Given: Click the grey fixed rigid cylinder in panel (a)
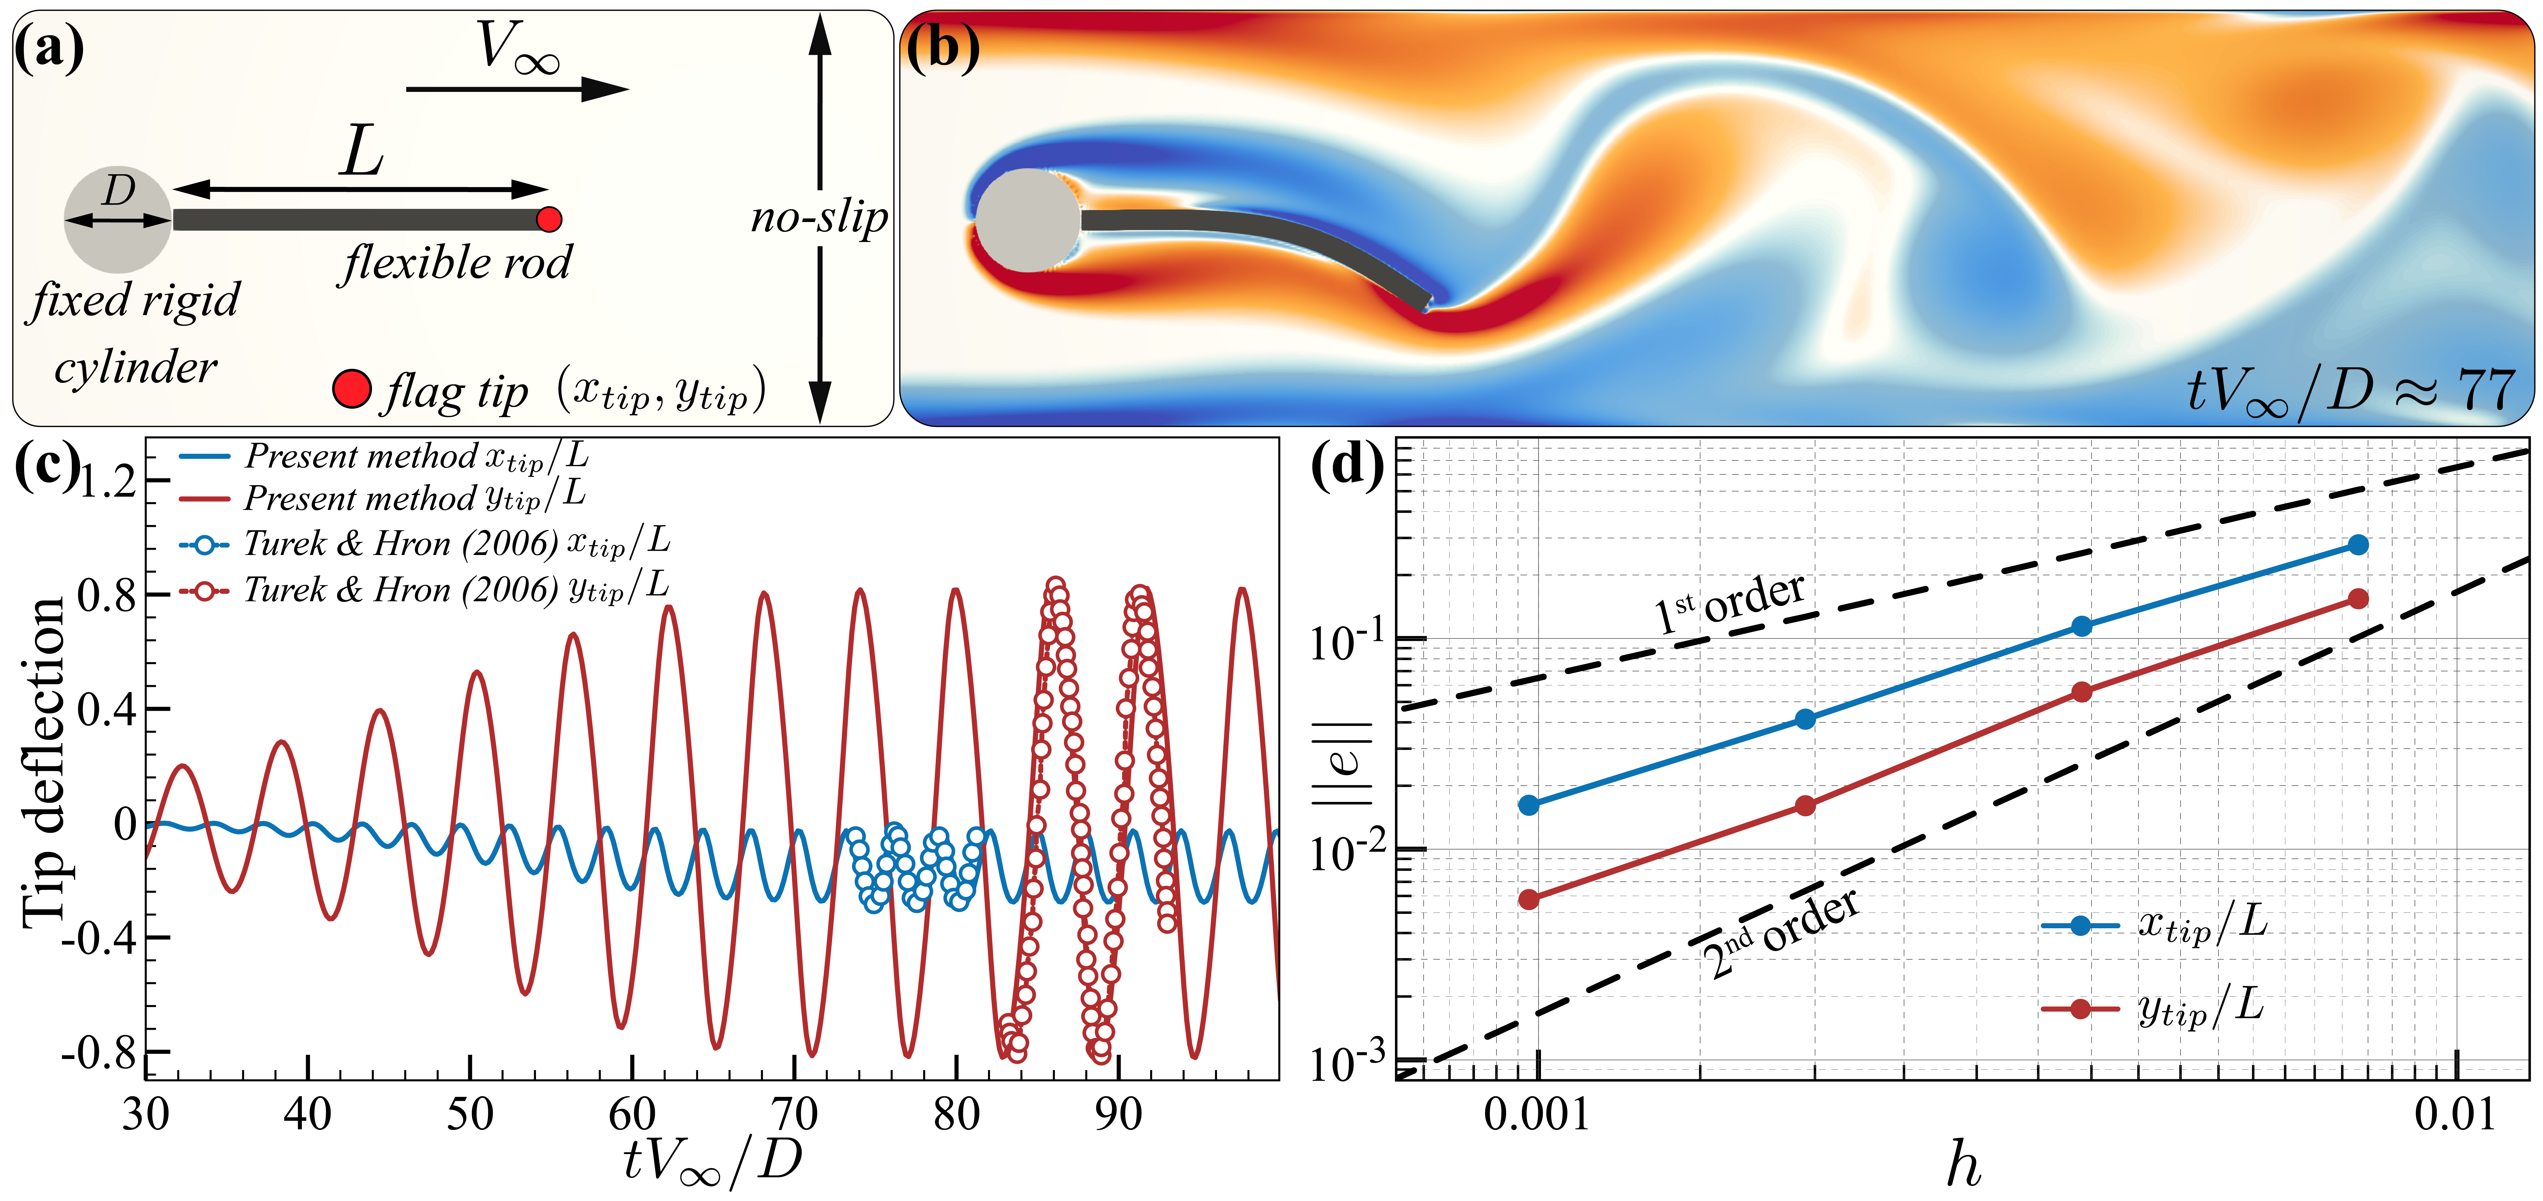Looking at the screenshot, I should tap(116, 219).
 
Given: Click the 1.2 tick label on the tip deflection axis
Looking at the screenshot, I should tap(109, 482).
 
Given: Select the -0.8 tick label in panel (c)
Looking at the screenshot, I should tap(99, 1054).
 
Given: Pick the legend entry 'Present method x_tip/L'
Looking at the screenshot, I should tap(385, 457).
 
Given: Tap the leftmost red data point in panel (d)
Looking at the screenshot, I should tap(1528, 899).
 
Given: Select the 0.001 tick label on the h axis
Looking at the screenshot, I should tap(1537, 1115).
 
